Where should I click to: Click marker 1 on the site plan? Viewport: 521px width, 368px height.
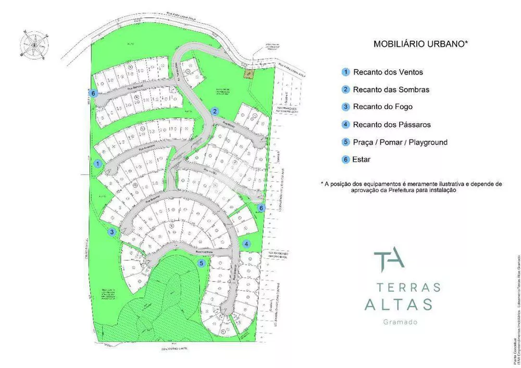pyautogui.click(x=97, y=163)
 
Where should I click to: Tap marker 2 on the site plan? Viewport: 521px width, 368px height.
pyautogui.click(x=214, y=111)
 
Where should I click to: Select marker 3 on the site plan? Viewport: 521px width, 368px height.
pyautogui.click(x=111, y=232)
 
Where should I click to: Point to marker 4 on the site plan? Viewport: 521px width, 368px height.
pyautogui.click(x=247, y=243)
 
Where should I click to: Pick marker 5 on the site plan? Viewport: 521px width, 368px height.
pyautogui.click(x=201, y=264)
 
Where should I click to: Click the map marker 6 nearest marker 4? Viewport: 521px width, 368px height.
pyautogui.click(x=262, y=208)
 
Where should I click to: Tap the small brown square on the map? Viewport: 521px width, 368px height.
pyautogui.click(x=249, y=74)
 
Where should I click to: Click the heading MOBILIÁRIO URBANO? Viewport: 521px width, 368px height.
pyautogui.click(x=420, y=44)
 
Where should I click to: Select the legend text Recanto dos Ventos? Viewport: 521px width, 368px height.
pyautogui.click(x=388, y=72)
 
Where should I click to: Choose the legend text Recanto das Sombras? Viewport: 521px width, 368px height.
pyautogui.click(x=391, y=90)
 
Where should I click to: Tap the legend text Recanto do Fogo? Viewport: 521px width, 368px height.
pyautogui.click(x=382, y=107)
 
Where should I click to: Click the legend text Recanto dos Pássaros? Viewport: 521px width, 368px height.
pyautogui.click(x=391, y=125)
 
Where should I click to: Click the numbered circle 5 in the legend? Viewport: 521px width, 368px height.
pyautogui.click(x=345, y=142)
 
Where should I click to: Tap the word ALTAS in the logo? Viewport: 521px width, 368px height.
pyautogui.click(x=399, y=304)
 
